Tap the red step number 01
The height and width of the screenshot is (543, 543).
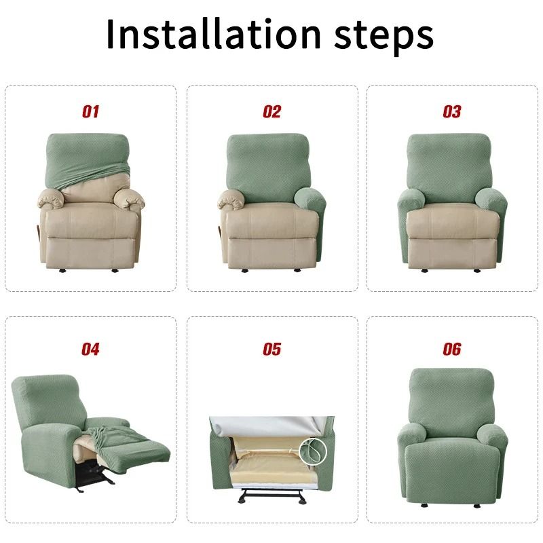pos(90,112)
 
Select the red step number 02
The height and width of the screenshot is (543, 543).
pos(271,112)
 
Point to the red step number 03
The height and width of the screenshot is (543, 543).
pos(451,112)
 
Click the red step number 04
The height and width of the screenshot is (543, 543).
pos(90,350)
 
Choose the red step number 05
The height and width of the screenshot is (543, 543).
pos(271,350)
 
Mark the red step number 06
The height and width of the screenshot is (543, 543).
pos(451,350)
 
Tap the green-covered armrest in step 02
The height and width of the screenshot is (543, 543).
pos(311,207)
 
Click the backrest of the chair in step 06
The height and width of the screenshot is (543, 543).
pos(451,397)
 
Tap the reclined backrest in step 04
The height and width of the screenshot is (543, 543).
pos(48,400)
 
